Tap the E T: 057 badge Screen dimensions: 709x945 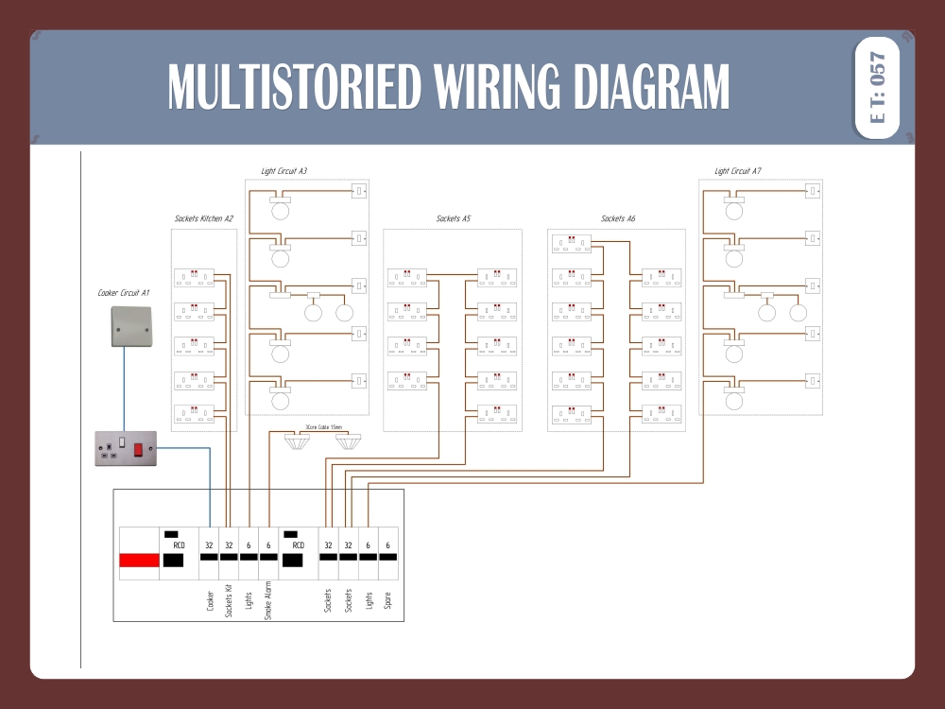pyautogui.click(x=877, y=88)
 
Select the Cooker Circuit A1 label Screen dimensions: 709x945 pyautogui.click(x=124, y=293)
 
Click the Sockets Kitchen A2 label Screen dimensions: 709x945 pyautogui.click(x=204, y=218)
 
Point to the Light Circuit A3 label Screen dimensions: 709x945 pyautogui.click(x=283, y=171)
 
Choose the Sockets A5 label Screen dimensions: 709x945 pyautogui.click(x=454, y=218)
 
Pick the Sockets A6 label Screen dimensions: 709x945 pyautogui.click(x=618, y=218)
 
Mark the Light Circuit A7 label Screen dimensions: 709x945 pyautogui.click(x=738, y=171)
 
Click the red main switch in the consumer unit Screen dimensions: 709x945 pyautogui.click(x=139, y=560)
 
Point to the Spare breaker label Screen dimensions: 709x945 pyautogui.click(x=387, y=600)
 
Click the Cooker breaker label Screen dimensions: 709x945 pyautogui.click(x=210, y=602)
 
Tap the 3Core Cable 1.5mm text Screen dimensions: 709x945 pyautogui.click(x=323, y=427)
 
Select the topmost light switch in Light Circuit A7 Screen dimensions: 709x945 pyautogui.click(x=812, y=192)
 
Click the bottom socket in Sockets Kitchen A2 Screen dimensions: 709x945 pyautogui.click(x=195, y=413)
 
